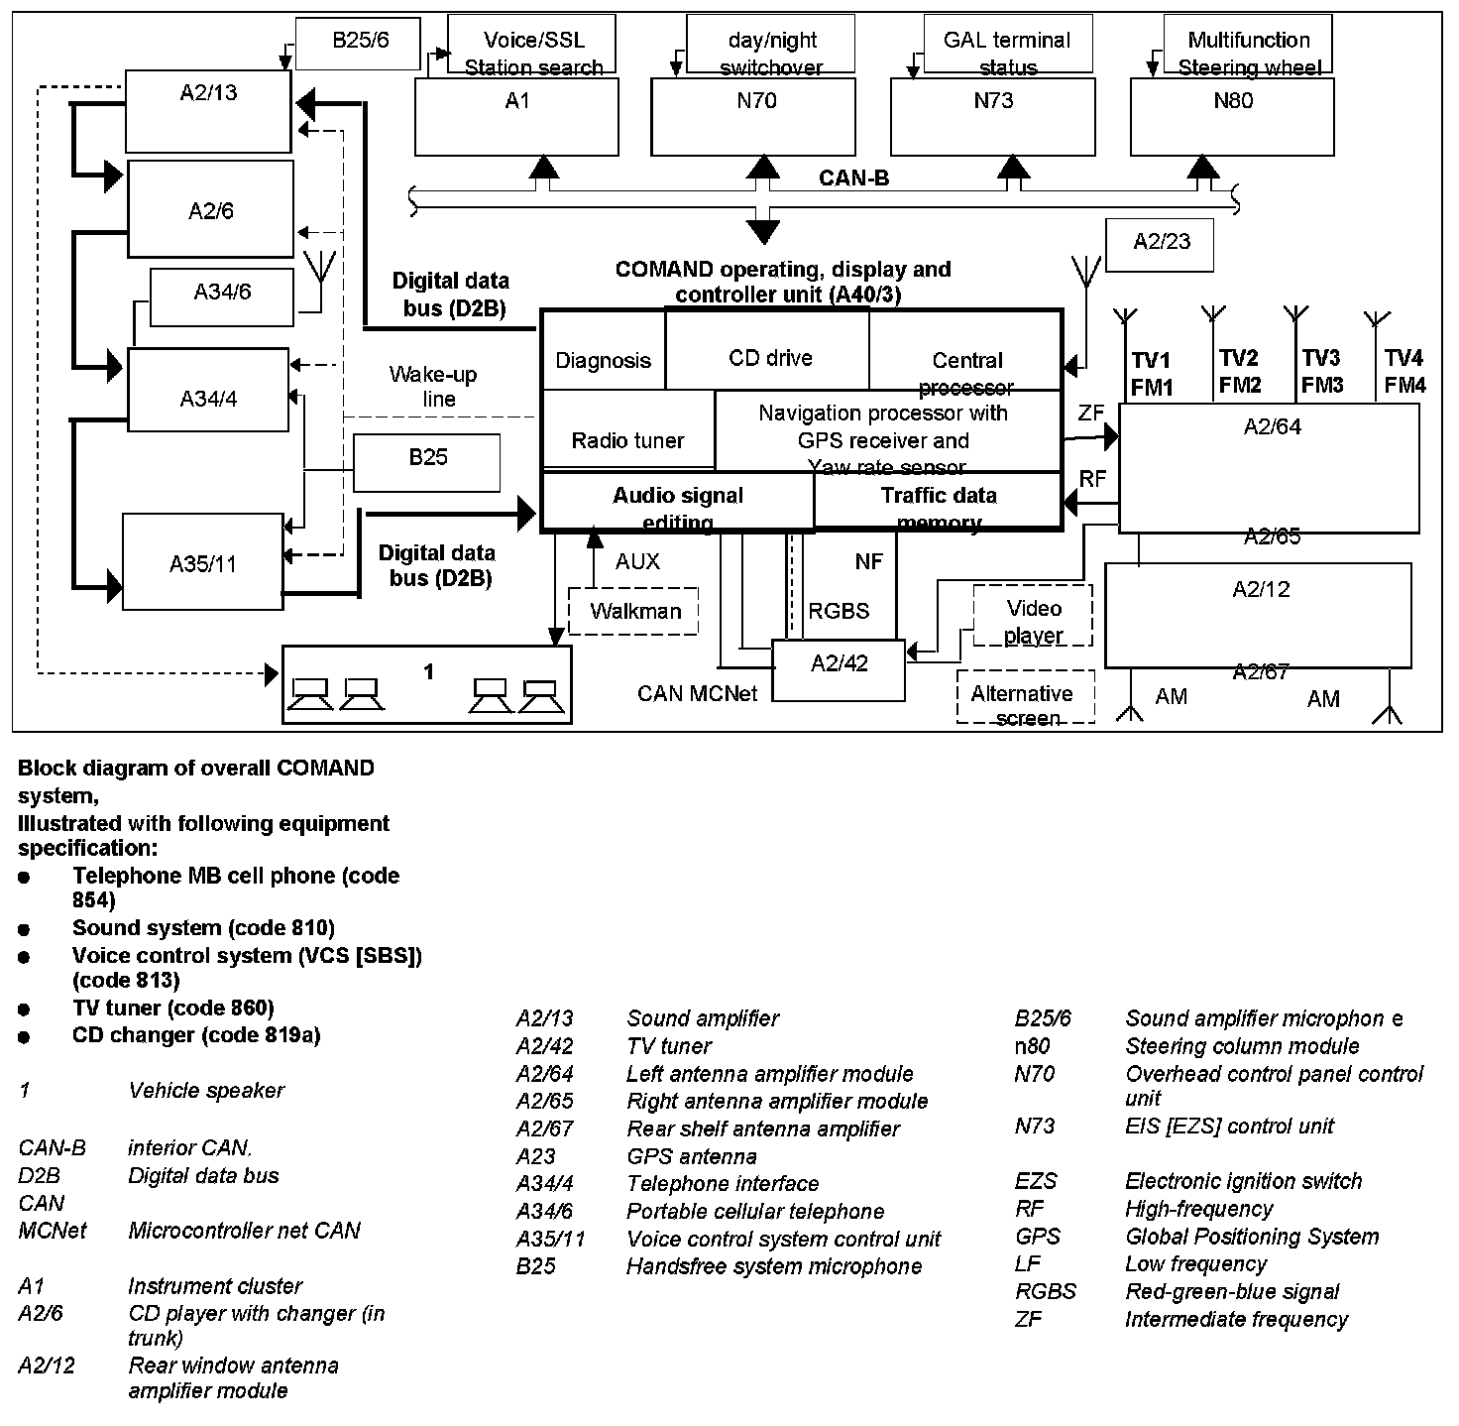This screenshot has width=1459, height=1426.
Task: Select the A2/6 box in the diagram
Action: point(210,209)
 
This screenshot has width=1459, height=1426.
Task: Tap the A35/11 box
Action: point(202,562)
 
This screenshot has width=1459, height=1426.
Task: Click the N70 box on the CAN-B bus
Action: point(753,116)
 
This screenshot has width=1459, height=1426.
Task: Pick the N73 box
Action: point(993,116)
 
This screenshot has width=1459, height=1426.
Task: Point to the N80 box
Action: point(1233,116)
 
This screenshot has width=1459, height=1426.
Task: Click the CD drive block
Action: point(769,357)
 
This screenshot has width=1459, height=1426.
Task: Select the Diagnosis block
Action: point(603,359)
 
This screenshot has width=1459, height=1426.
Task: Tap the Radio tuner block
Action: point(627,439)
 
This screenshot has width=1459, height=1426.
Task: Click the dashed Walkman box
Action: point(634,611)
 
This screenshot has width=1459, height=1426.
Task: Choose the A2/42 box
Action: point(839,670)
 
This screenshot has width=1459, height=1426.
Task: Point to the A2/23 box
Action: point(1160,244)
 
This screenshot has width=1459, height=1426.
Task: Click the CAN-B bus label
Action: point(853,178)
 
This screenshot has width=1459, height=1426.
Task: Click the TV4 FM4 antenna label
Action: point(1403,371)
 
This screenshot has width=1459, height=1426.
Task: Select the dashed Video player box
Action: point(1033,621)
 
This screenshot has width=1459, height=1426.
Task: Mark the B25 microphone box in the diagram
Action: point(427,462)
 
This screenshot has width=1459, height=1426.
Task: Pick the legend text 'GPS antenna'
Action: point(691,1156)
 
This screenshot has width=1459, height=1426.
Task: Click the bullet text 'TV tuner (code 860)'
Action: point(172,1008)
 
